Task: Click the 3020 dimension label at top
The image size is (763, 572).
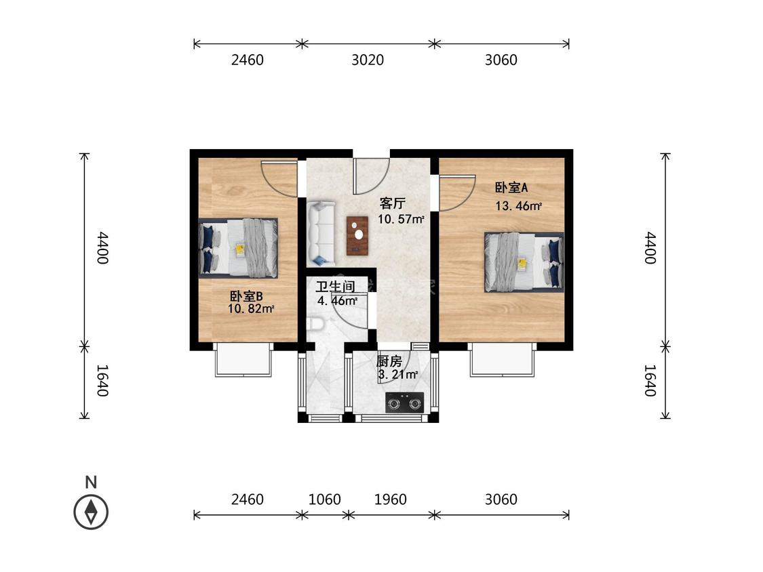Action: tap(368, 60)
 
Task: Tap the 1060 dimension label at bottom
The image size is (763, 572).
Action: tap(325, 499)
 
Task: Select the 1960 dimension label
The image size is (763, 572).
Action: tap(390, 499)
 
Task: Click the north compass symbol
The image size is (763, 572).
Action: tap(91, 512)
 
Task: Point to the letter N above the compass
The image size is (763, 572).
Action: tap(91, 482)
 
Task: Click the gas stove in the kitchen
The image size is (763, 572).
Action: tap(404, 403)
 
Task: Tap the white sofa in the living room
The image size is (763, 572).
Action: tap(320, 234)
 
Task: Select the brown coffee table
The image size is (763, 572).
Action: tap(357, 236)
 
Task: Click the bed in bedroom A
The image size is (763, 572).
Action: tap(524, 262)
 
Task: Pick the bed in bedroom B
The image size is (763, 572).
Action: tap(238, 248)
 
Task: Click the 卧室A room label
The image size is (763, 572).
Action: tap(511, 187)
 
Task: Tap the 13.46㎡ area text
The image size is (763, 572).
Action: tap(518, 206)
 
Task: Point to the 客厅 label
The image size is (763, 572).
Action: tap(392, 203)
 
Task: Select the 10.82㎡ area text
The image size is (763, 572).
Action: tap(251, 308)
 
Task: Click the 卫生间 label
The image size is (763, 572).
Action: tap(335, 287)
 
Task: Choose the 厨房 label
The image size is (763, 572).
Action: tap(389, 361)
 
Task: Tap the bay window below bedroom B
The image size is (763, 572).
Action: tap(243, 360)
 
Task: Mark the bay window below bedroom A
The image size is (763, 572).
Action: tap(502, 360)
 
